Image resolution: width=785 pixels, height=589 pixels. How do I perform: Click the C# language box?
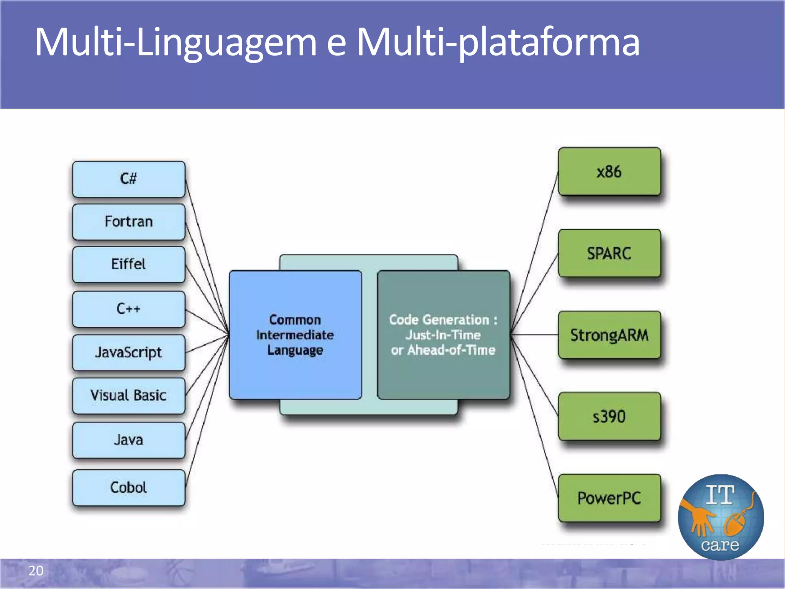point(129,179)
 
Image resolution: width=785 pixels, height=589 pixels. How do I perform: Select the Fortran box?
point(129,222)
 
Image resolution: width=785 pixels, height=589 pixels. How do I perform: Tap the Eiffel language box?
point(129,264)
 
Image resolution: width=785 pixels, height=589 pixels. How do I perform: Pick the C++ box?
point(129,309)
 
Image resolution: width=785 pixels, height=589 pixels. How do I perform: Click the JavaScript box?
point(129,352)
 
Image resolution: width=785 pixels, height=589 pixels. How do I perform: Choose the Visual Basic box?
point(129,395)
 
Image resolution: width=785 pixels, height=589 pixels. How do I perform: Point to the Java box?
point(129,440)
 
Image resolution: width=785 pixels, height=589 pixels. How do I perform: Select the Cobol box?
point(129,487)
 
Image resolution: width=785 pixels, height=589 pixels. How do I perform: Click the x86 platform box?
point(609,172)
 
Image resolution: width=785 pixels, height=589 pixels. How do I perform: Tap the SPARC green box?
point(609,253)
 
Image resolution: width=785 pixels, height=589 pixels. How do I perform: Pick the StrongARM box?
point(609,335)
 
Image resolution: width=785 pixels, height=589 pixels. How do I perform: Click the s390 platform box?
point(609,416)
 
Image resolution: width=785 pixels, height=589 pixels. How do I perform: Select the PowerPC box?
point(609,498)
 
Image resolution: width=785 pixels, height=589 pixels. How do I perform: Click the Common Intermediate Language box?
point(295,335)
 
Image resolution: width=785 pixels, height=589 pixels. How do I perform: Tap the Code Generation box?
point(443,335)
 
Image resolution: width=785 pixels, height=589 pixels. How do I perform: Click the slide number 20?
point(36,571)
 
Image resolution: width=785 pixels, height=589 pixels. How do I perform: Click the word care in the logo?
point(720,545)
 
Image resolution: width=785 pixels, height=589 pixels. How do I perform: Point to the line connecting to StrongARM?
point(535,335)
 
